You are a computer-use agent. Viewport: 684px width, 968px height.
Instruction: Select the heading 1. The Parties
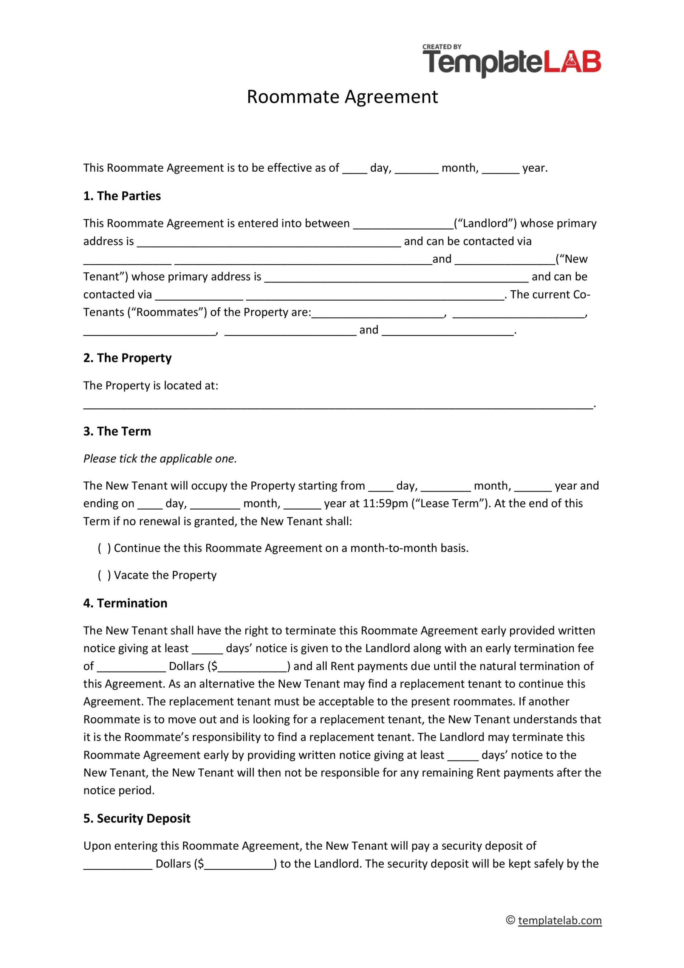pyautogui.click(x=122, y=195)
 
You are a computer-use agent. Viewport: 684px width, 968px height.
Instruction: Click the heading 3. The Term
pyautogui.click(x=117, y=431)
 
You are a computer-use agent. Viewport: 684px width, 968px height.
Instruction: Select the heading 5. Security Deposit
pyautogui.click(x=136, y=818)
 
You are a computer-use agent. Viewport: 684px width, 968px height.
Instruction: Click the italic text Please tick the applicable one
pyautogui.click(x=160, y=458)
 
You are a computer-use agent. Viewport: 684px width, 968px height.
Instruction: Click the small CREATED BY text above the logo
pyautogui.click(x=442, y=47)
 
